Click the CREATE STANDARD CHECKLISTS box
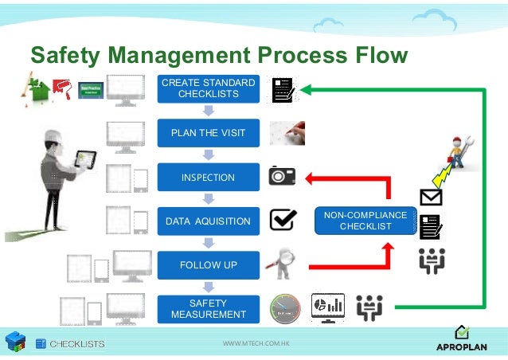(x=208, y=88)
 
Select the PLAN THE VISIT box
(x=208, y=133)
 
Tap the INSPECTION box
(x=208, y=177)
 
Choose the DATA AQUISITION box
(x=208, y=221)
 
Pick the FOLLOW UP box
(x=208, y=264)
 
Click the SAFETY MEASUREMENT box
(x=208, y=308)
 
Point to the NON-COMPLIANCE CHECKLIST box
(x=365, y=221)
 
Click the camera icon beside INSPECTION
(x=283, y=176)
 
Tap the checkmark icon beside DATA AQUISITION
(x=283, y=220)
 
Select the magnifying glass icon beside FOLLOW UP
(x=283, y=263)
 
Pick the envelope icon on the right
(x=431, y=197)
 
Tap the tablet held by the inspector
(x=86, y=162)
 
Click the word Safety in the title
(x=65, y=55)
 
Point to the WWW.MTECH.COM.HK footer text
(x=255, y=344)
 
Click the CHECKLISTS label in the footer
(x=77, y=344)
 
